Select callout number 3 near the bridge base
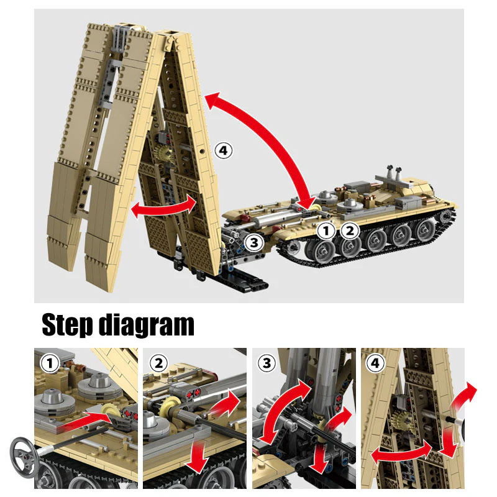pyautogui.click(x=252, y=243)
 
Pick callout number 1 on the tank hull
pyautogui.click(x=326, y=230)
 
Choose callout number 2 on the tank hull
pyautogui.click(x=350, y=230)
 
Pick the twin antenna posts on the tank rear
pyautogui.click(x=391, y=173)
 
